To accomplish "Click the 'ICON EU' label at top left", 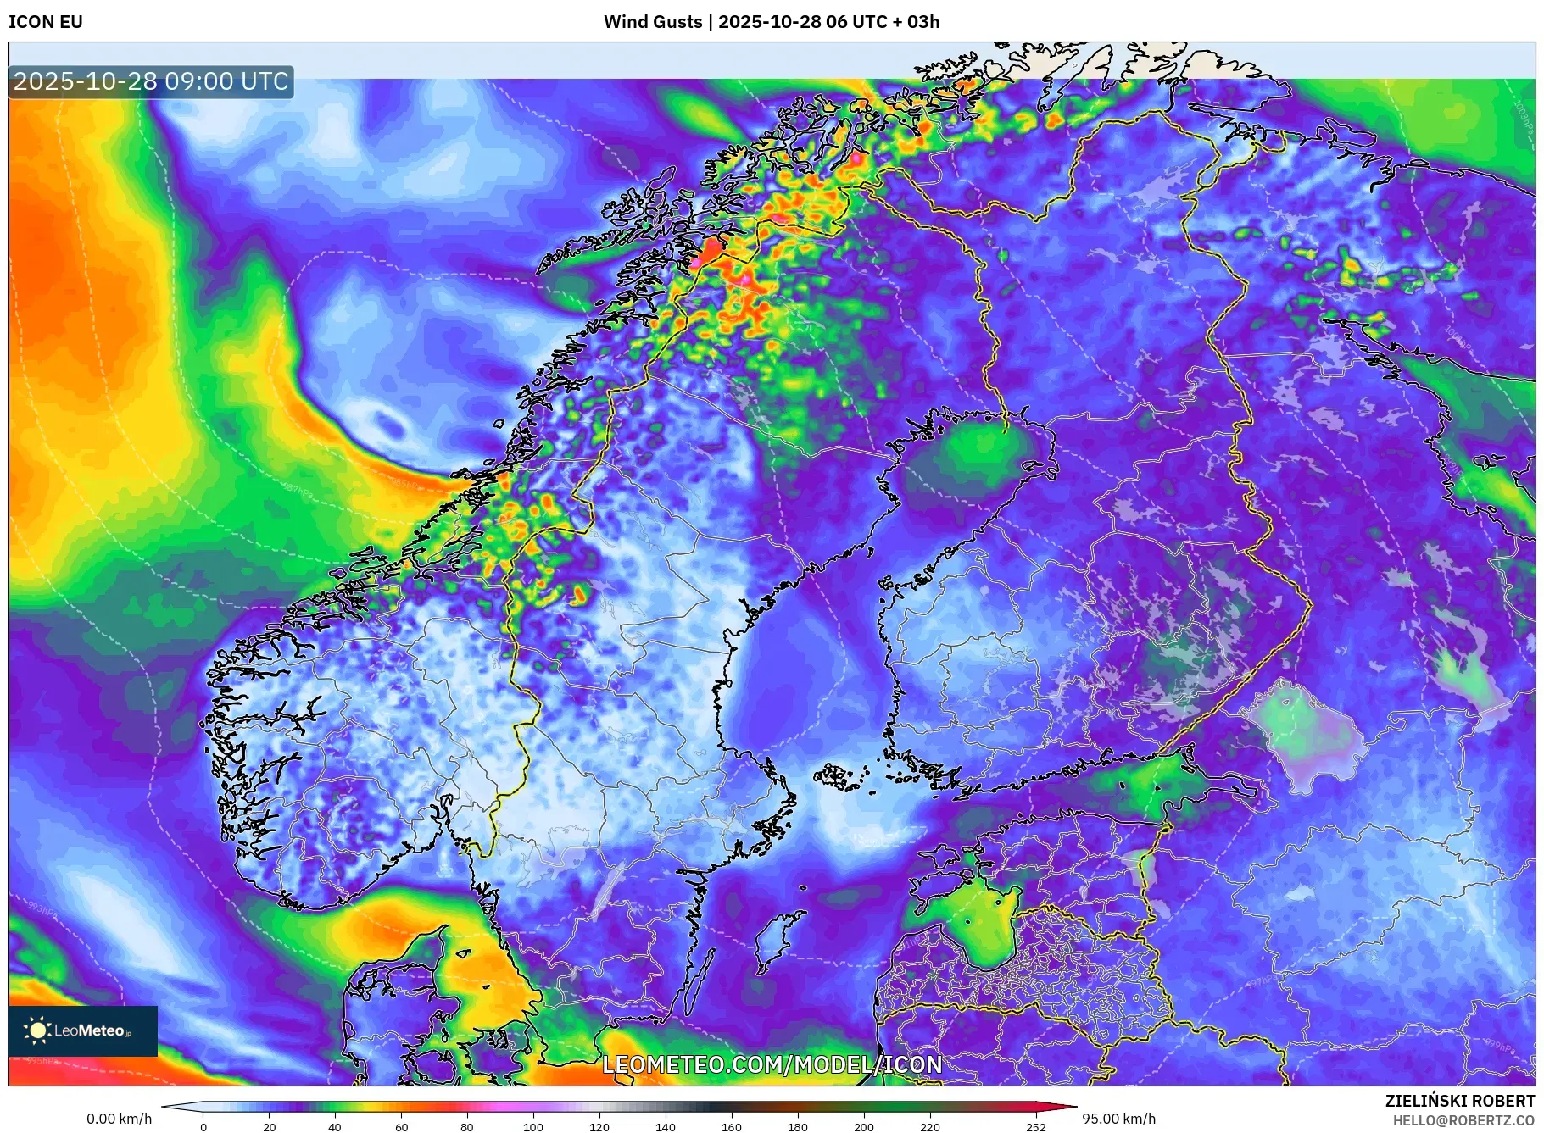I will coord(46,22).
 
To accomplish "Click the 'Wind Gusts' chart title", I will coord(652,22).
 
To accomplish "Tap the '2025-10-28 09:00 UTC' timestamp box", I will coord(151,82).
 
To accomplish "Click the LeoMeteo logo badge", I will coord(83,1030).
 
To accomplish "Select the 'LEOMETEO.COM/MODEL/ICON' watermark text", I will coord(772,1064).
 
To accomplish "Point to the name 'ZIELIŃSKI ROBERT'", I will coord(1459,1101).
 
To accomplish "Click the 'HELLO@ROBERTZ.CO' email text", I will coord(1463,1120).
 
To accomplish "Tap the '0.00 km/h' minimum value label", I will coord(119,1119).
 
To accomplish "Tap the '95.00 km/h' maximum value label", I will coord(1118,1119).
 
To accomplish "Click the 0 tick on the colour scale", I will coord(203,1127).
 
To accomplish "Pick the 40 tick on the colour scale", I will coord(335,1127).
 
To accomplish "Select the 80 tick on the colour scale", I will coord(466,1127).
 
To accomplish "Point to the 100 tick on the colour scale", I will coord(532,1127).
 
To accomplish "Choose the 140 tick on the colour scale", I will coord(665,1127).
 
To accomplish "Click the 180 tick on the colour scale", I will coord(797,1127).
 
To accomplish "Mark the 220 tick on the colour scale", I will coord(929,1127).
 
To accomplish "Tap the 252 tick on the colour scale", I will coord(1035,1127).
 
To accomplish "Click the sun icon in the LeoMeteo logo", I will coord(38,1030).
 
